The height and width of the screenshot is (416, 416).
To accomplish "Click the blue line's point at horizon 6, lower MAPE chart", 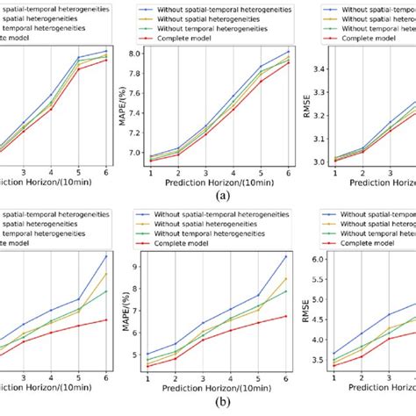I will [x=286, y=256].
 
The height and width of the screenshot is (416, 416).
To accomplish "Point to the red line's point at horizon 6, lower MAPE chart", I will [x=286, y=316].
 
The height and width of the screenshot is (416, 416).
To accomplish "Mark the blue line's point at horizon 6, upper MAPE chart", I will [x=286, y=51].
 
